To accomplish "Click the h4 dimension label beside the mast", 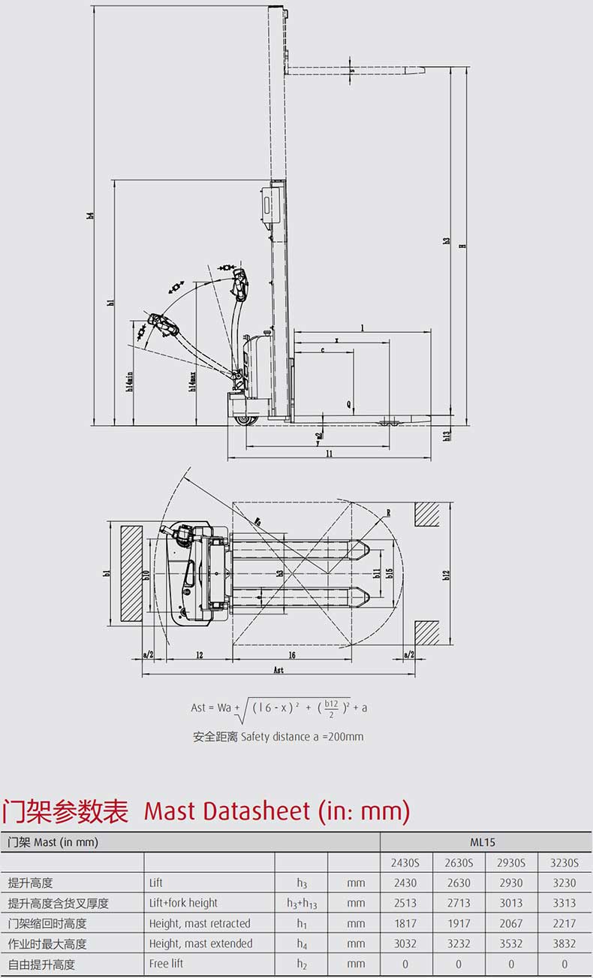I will [90, 216].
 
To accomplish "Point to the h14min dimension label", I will [130, 383].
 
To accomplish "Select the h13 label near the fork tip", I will [447, 434].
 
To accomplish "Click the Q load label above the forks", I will [349, 403].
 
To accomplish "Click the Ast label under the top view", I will [278, 670].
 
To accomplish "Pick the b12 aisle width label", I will [447, 575].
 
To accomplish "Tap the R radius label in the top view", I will [389, 514].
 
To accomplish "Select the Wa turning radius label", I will [258, 519].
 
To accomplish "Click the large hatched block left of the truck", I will [131, 573].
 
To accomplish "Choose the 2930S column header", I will [511, 862].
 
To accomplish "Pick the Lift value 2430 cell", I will [405, 883].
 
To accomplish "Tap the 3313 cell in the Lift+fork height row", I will [564, 903].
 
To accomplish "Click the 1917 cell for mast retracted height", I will [459, 923].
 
